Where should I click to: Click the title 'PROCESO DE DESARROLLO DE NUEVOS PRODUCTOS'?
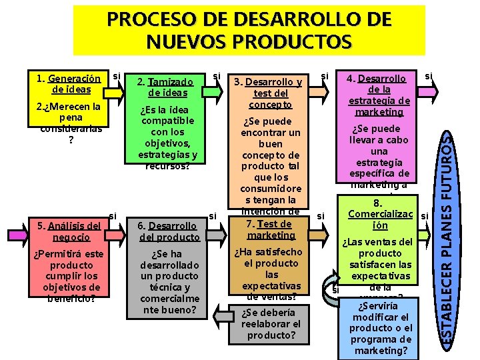(x=249, y=31)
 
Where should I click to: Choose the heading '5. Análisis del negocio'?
(x=71, y=231)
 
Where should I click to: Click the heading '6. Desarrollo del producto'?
(x=168, y=231)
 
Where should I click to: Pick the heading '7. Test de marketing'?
(x=269, y=229)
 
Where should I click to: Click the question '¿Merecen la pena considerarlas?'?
(x=71, y=123)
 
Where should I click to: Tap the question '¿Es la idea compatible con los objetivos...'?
(x=168, y=137)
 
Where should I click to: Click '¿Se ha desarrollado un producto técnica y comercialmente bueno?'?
(x=168, y=281)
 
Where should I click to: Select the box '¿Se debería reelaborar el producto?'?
(x=271, y=324)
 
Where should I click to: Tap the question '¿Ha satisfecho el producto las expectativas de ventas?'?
(x=271, y=273)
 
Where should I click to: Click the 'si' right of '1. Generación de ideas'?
(x=116, y=76)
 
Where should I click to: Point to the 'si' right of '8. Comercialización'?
(x=424, y=216)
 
